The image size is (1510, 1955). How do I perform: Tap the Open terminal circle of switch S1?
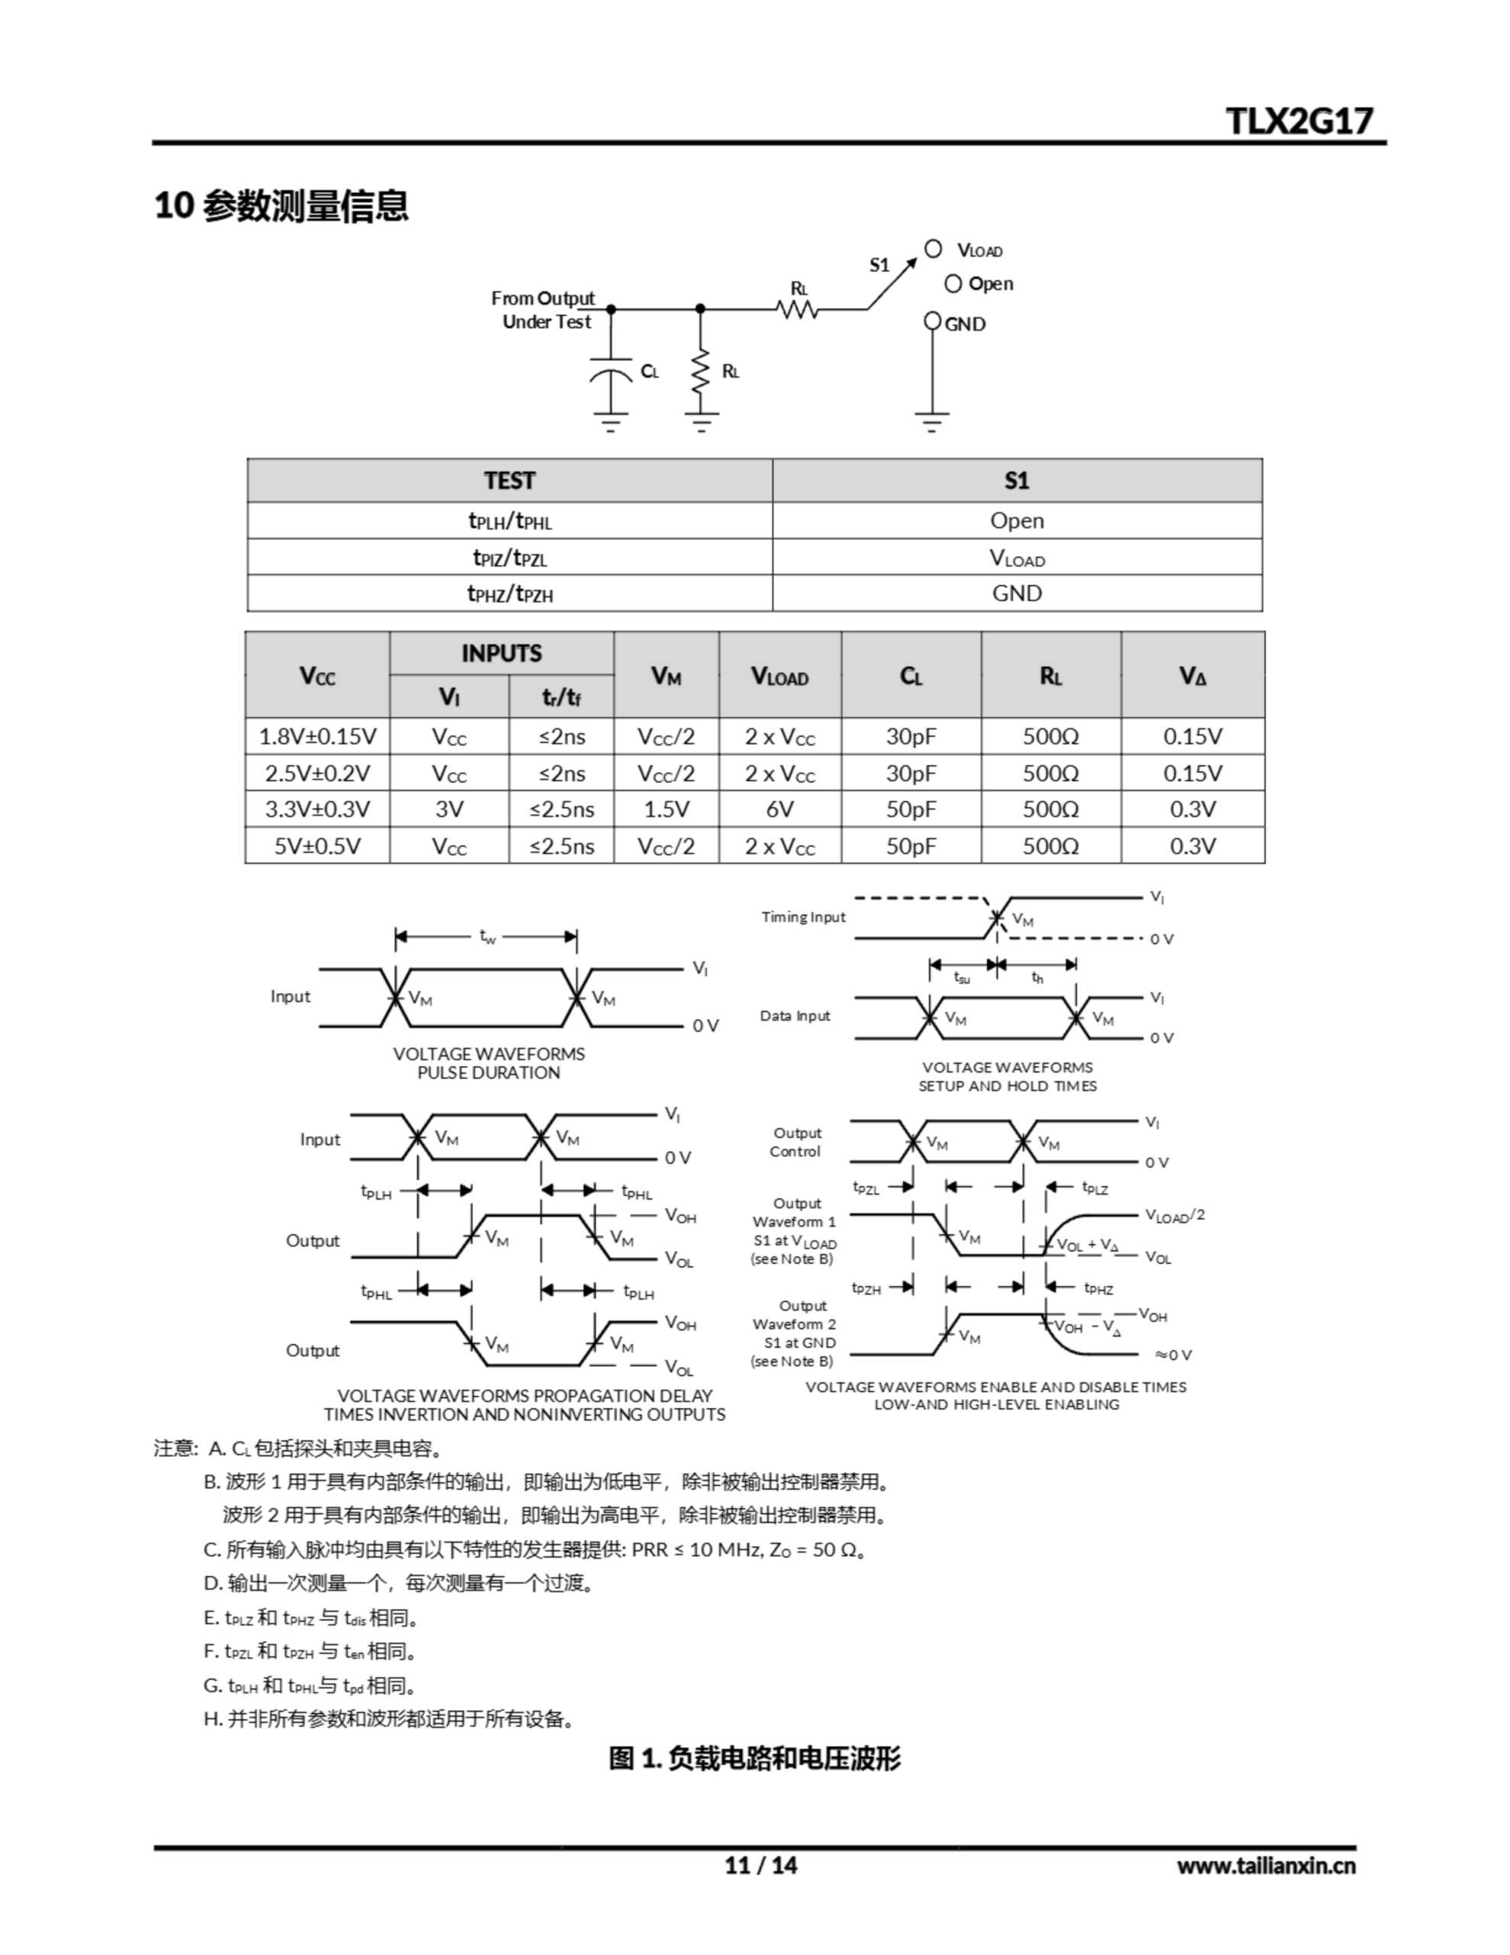(953, 284)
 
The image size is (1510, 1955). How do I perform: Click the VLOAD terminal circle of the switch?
(934, 249)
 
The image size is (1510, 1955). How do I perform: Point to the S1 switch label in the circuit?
(880, 265)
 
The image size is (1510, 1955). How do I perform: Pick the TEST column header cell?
(509, 480)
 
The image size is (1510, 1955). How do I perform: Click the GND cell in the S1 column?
(1017, 593)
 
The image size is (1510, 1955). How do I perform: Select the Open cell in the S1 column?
(1017, 521)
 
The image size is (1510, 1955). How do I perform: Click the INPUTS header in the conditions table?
(502, 654)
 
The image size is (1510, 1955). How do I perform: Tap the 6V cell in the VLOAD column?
(779, 809)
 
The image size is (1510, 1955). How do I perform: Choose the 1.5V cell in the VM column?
(666, 809)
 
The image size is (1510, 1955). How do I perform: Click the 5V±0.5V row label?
(317, 846)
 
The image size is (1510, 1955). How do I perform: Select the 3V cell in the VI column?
(450, 809)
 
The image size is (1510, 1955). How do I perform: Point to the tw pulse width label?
(488, 937)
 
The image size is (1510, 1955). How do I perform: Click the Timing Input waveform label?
(803, 916)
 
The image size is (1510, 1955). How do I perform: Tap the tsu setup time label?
(961, 978)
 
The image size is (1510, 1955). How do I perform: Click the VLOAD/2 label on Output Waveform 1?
(1174, 1216)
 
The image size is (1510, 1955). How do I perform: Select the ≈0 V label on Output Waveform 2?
(1173, 1356)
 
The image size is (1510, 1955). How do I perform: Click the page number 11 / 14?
(760, 1866)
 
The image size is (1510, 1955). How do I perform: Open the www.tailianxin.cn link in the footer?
(1266, 1866)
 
